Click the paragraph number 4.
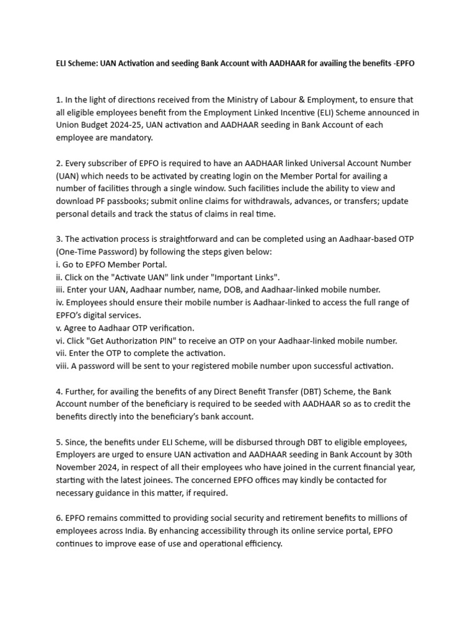(x=59, y=391)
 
